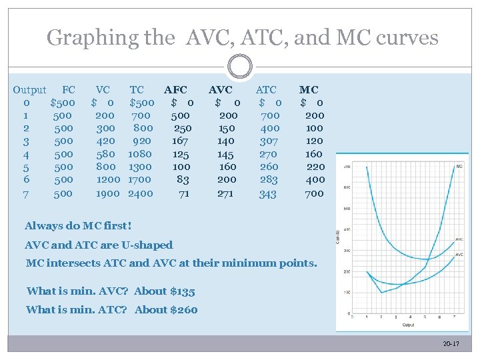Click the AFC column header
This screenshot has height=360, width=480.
(x=176, y=89)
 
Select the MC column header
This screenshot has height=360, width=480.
(x=309, y=89)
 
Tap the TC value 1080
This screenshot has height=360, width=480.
(x=140, y=153)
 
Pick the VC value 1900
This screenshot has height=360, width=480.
(x=107, y=193)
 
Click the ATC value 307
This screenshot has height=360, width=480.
(x=269, y=141)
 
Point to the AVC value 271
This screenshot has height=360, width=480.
(x=225, y=193)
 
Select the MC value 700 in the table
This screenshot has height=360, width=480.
(x=315, y=193)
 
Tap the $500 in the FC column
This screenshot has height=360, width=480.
(x=63, y=103)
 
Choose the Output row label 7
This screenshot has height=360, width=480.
(x=26, y=193)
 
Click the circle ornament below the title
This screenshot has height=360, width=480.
(x=240, y=67)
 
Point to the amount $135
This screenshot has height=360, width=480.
(x=181, y=291)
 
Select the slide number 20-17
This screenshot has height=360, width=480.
(x=451, y=343)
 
